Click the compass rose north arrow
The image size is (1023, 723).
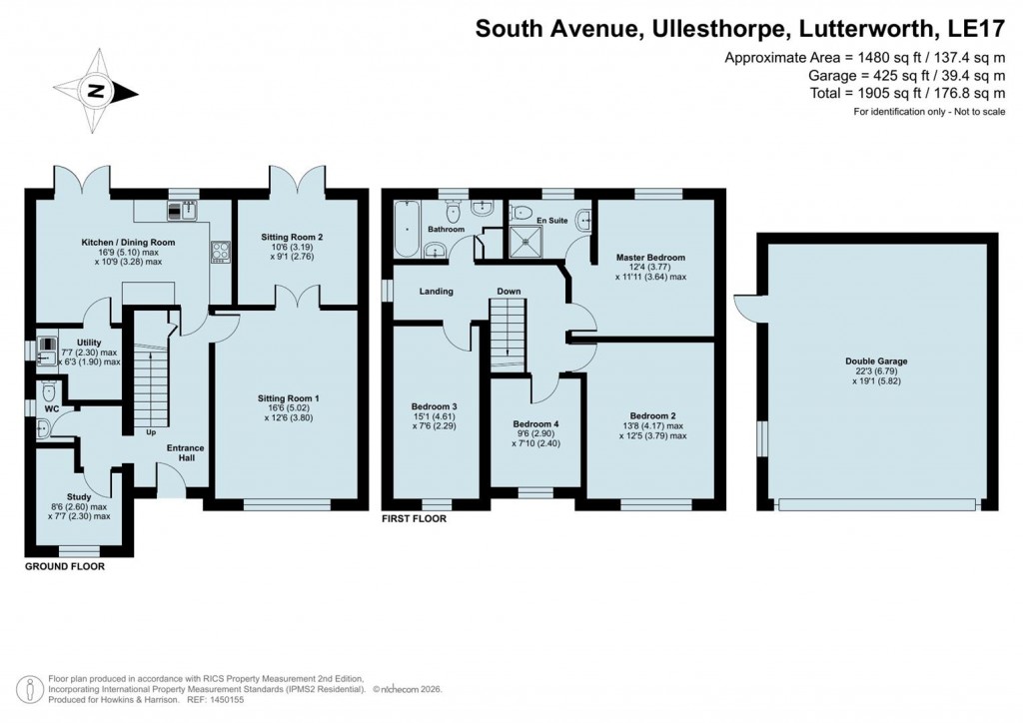(x=97, y=91)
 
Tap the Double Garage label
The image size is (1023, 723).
(x=876, y=361)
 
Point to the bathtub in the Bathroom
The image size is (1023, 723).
(x=406, y=227)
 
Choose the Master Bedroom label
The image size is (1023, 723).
(x=651, y=257)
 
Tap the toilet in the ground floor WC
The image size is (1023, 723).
(x=48, y=391)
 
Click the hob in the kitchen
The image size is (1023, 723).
(x=220, y=251)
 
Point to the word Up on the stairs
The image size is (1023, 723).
(x=151, y=432)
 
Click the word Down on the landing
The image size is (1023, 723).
(x=510, y=292)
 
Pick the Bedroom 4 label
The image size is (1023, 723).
(x=535, y=423)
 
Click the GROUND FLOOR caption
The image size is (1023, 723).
(x=65, y=566)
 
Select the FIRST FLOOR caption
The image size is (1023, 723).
(x=415, y=519)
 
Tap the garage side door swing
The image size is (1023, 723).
(x=745, y=307)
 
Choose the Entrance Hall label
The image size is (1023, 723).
(x=186, y=453)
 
